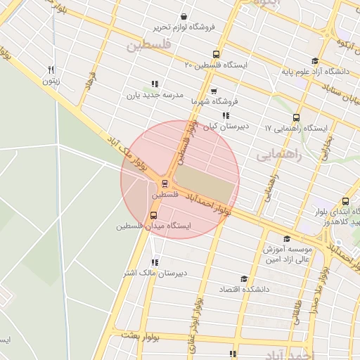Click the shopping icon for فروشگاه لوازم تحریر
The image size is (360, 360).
click(x=184, y=16)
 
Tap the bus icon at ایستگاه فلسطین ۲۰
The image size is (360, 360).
click(x=215, y=53)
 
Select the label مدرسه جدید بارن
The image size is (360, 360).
click(x=155, y=95)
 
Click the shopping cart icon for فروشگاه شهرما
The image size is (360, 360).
click(x=214, y=91)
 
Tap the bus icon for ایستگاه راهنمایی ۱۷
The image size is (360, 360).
click(x=295, y=118)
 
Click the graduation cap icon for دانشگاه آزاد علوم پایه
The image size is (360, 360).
click(x=314, y=60)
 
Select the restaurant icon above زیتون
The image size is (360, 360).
click(x=51, y=70)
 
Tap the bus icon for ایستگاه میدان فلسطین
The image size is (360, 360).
click(x=153, y=215)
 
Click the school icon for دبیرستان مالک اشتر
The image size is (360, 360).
click(x=155, y=262)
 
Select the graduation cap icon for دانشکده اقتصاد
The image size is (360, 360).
click(x=243, y=279)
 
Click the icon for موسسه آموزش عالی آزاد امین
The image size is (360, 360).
click(x=287, y=239)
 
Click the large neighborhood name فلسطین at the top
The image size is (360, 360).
click(x=148, y=46)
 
